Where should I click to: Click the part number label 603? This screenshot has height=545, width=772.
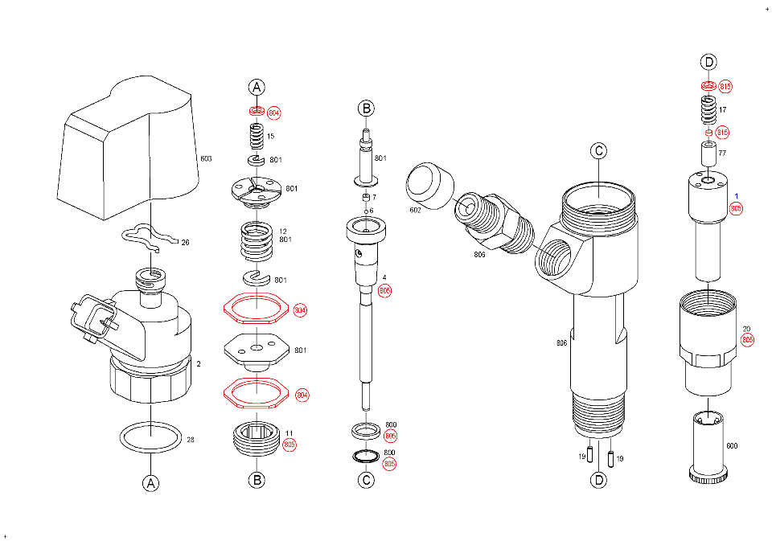click(x=206, y=159)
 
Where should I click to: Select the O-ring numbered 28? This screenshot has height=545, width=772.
click(x=150, y=438)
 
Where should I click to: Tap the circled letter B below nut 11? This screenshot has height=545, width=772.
click(x=256, y=480)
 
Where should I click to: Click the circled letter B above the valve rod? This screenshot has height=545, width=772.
click(x=366, y=109)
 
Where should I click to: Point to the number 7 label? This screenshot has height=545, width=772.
click(x=374, y=197)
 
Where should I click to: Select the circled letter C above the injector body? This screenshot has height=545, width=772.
click(x=597, y=150)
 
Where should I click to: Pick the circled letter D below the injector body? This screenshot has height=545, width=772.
click(x=598, y=480)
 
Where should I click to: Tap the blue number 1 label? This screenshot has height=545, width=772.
click(x=736, y=195)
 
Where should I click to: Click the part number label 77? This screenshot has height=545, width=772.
click(x=722, y=153)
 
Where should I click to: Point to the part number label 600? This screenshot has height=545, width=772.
click(x=732, y=445)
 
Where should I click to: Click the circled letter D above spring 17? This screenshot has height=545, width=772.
click(x=708, y=62)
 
